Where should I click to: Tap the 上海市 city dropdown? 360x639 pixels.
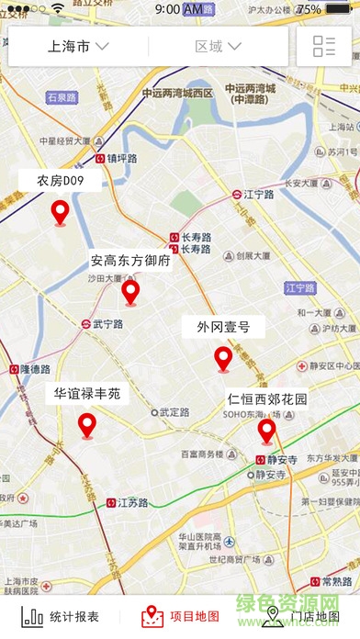coord(77,46)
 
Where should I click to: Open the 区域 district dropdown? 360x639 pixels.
coord(219,46)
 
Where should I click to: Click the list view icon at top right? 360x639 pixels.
coord(323,46)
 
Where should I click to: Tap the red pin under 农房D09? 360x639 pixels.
coord(60,213)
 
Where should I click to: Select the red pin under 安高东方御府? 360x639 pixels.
coord(130,292)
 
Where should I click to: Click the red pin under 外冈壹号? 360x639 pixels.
coord(223,359)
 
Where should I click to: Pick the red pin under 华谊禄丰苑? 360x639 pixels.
coord(87,425)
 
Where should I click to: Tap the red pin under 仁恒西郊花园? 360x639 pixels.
coord(266,430)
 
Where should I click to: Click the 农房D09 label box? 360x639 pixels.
coord(60,181)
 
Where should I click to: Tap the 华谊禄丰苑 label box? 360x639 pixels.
coord(86,394)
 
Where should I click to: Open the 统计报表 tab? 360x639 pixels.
coord(61,616)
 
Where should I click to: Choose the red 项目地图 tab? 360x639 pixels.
coord(181,616)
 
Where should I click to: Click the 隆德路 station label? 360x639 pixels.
coord(29,369)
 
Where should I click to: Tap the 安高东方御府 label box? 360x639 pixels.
coord(130,260)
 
